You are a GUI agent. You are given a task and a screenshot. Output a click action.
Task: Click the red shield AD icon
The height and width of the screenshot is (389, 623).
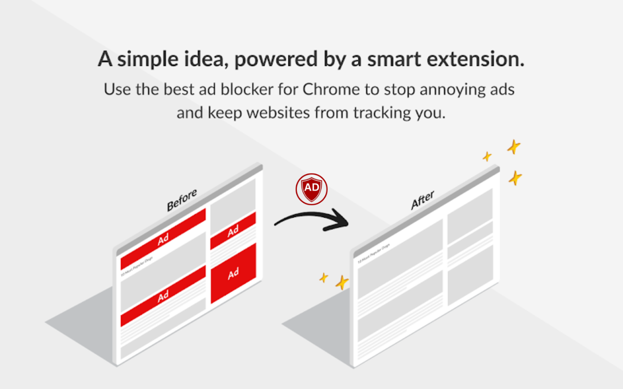(311, 189)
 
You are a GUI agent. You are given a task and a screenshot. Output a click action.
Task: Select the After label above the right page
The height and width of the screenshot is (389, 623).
(422, 200)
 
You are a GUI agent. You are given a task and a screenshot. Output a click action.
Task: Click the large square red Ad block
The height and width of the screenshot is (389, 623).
(233, 273)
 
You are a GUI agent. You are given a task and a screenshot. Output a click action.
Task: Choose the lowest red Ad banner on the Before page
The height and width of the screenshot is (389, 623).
(163, 296)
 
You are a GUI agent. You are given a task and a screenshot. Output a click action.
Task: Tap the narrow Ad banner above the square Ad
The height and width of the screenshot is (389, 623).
(233, 230)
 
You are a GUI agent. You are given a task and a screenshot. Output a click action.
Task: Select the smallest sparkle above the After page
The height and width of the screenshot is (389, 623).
(487, 156)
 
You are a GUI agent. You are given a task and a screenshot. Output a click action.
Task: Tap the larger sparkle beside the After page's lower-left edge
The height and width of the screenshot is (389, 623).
(342, 283)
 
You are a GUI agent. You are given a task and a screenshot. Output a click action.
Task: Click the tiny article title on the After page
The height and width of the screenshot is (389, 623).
(374, 254)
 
